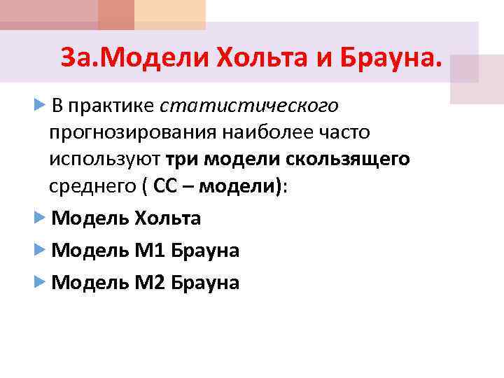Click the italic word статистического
pyautogui.click(x=249, y=106)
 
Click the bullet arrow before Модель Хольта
pyautogui.click(x=40, y=218)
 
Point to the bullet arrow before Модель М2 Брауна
pyautogui.click(x=40, y=282)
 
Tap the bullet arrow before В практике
pyautogui.click(x=40, y=105)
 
